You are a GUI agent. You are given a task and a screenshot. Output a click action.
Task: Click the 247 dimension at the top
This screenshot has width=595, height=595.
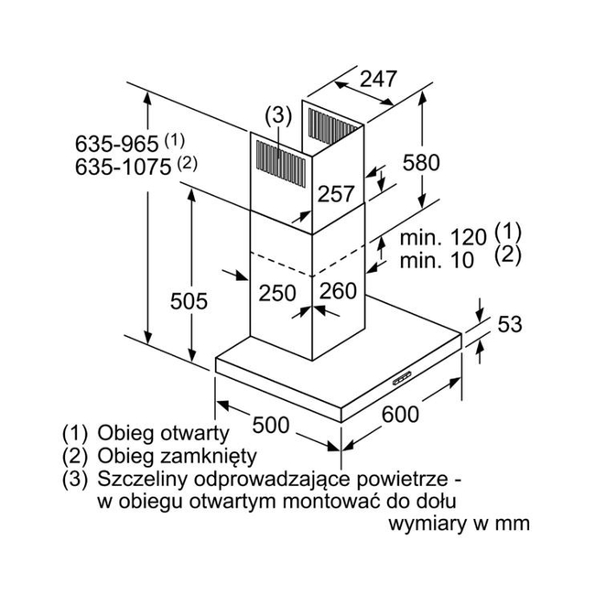[x=378, y=79]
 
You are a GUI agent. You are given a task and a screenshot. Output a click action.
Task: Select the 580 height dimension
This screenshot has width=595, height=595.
[x=421, y=162]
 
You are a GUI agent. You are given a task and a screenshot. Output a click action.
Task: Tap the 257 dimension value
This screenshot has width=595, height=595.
[x=336, y=193]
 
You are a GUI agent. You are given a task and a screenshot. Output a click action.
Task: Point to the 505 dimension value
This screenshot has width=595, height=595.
[x=189, y=301]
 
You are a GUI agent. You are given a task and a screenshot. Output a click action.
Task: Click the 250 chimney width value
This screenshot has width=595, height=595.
[x=277, y=293]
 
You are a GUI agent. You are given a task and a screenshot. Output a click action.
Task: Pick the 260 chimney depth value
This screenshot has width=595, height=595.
[x=338, y=291]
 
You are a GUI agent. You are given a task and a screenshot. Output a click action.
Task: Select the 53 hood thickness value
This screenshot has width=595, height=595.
[x=510, y=324]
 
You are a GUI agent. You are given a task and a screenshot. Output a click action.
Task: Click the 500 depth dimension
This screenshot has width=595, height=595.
[x=271, y=425]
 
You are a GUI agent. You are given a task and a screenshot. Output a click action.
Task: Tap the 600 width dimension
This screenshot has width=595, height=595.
[x=400, y=414]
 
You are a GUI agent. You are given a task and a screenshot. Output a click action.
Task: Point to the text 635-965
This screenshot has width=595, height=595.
[x=116, y=145]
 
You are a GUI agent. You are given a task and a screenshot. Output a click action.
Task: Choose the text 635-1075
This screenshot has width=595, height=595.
[x=123, y=167]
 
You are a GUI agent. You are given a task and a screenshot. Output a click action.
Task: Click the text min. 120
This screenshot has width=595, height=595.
[x=443, y=238]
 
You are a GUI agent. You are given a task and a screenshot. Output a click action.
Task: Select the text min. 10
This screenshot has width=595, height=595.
[x=437, y=260]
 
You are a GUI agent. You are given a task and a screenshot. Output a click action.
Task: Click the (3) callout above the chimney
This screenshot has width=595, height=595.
[x=279, y=115]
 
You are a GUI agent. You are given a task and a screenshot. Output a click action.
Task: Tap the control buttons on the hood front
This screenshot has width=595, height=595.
[x=403, y=378]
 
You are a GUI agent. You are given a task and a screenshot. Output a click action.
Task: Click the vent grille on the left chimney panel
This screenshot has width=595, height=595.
[x=281, y=164]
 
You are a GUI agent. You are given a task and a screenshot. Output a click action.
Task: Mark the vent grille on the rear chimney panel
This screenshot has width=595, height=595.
[x=333, y=126]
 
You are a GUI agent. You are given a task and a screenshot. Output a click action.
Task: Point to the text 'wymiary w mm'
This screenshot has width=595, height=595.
[x=460, y=524]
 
